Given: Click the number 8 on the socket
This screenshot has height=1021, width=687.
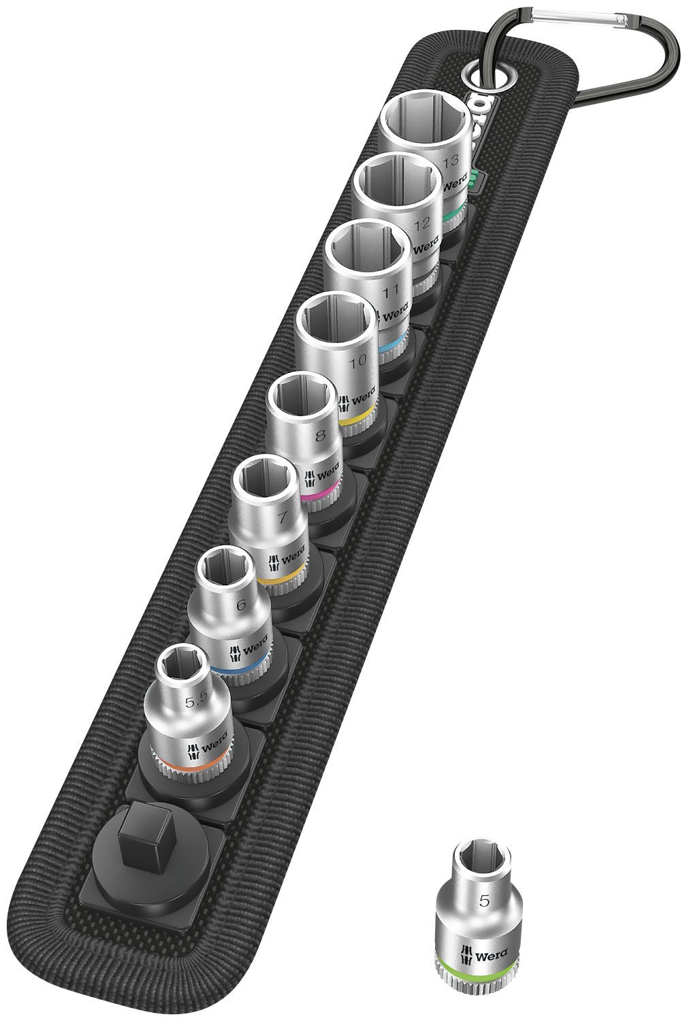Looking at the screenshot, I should tap(321, 431).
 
